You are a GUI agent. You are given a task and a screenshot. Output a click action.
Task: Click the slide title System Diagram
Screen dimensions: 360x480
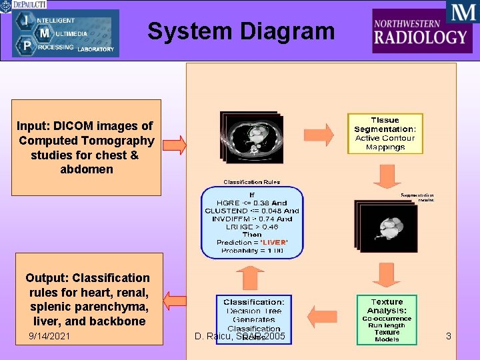(241, 31)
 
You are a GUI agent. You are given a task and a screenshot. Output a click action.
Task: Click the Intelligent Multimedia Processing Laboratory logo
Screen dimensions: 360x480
(65, 33)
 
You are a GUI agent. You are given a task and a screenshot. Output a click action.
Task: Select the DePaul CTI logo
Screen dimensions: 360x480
(23, 5)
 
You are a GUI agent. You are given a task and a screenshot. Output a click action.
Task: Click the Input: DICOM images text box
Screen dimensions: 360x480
(86, 147)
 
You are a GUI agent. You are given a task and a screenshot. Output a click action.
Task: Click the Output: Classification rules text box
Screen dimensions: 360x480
(87, 298)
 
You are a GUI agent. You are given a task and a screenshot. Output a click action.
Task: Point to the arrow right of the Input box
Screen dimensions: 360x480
(174, 144)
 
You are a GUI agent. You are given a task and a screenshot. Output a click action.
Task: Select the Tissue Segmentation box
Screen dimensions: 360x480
(385, 133)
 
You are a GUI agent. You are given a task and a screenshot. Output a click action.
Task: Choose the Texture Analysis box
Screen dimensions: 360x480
(387, 320)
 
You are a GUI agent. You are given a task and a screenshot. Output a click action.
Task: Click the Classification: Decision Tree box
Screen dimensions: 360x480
(253, 319)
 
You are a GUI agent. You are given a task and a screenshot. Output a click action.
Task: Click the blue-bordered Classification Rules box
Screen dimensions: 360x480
(252, 222)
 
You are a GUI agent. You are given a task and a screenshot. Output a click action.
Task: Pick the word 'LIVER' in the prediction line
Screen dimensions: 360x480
(273, 242)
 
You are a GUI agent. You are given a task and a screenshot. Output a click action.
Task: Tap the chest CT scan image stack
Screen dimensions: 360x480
(253, 136)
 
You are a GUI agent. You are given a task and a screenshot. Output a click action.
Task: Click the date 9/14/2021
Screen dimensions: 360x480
(49, 336)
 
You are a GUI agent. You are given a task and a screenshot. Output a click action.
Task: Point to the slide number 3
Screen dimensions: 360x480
(449, 336)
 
